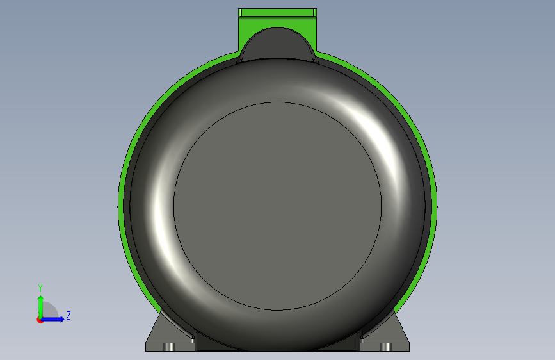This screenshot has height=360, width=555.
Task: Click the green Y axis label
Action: point(40,288)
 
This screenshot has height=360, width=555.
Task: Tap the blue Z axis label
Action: point(68,315)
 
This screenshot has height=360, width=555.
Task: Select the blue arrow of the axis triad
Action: point(52,319)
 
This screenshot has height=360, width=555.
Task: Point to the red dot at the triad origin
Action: point(40,320)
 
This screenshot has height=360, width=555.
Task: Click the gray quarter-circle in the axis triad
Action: point(49,311)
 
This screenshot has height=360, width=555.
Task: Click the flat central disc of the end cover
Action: point(278,206)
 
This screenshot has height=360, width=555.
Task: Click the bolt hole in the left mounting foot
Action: point(168,347)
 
